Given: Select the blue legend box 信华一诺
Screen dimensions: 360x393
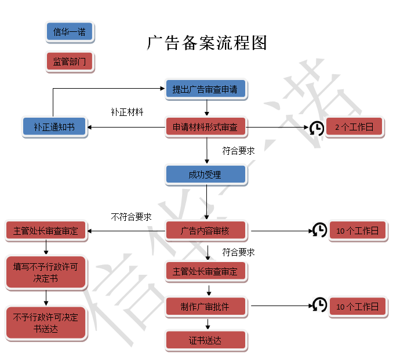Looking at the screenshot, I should [69, 32].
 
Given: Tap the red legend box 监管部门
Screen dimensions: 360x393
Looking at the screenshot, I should [69, 62].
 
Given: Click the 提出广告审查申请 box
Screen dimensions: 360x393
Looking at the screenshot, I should [205, 89].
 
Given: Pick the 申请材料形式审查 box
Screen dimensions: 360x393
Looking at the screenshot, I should [205, 126].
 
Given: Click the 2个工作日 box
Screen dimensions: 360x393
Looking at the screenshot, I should [354, 126].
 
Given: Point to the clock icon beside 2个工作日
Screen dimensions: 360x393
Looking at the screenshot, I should [316, 128].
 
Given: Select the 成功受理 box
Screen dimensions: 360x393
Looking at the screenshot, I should [205, 174].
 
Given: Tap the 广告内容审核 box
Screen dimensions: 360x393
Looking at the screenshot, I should [205, 231].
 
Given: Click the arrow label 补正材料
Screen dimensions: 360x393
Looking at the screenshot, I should [127, 111].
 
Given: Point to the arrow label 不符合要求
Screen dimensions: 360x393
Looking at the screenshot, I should [131, 217].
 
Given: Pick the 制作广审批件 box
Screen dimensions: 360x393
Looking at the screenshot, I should [205, 307].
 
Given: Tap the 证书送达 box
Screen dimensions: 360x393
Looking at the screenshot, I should [205, 340].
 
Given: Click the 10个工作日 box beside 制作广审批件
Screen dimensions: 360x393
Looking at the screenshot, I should [357, 307].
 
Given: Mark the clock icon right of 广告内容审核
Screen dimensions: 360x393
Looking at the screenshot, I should [319, 230].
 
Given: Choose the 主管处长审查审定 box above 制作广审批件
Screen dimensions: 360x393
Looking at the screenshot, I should [205, 271].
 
